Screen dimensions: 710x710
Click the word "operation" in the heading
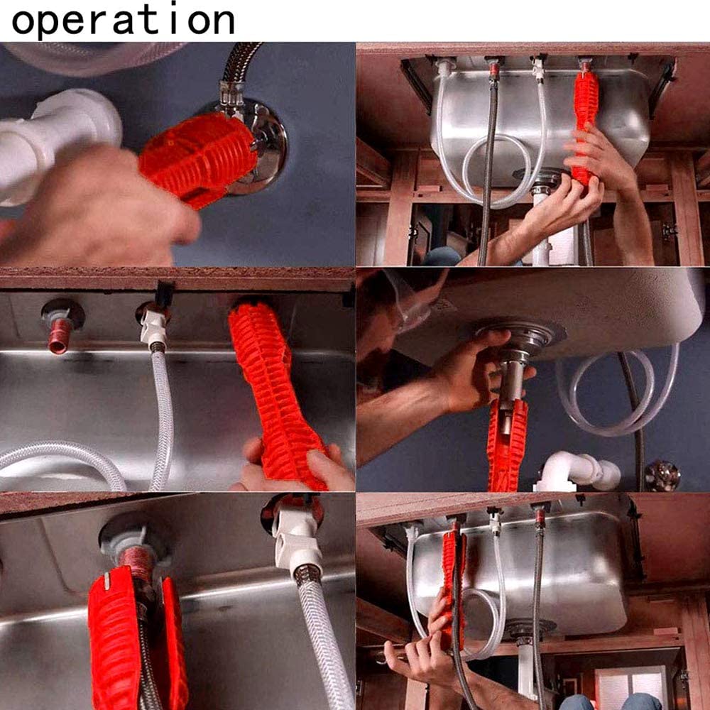click(123, 21)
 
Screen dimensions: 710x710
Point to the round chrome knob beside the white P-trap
click(662, 475)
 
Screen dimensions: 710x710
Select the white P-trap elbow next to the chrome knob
click(577, 471)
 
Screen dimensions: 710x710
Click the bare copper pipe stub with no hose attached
click(60, 335)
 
